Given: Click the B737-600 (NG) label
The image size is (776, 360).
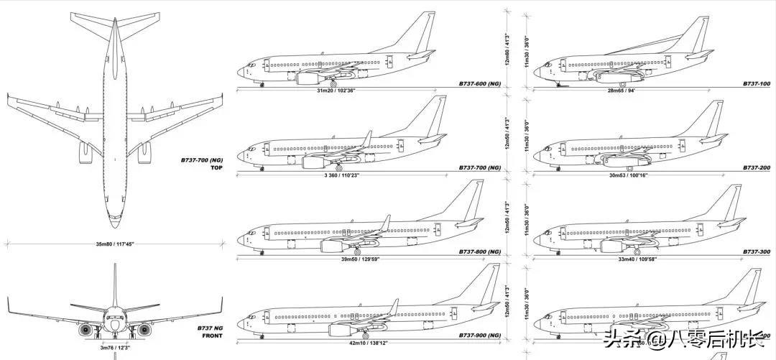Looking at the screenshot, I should point(479,84).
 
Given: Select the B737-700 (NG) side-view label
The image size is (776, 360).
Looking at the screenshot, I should point(479,168).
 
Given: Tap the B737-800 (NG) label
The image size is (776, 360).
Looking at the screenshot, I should point(479,251).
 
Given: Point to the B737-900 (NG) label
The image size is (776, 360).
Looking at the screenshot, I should point(479,336).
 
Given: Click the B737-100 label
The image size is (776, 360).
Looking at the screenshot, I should point(757,84).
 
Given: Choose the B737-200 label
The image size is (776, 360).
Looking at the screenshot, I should point(757,168).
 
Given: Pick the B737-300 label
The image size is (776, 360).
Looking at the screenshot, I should point(757,251).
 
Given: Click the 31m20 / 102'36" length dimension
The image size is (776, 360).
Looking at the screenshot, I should point(339,91).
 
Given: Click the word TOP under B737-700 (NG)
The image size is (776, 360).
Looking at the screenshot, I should point(217,168).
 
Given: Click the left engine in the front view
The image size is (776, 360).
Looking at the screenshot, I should point(87,330).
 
